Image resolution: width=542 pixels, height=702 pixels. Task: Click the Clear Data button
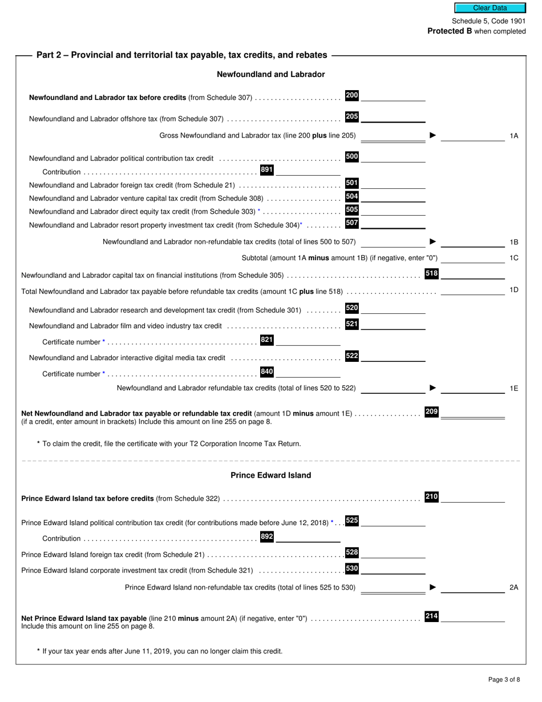(x=490, y=8)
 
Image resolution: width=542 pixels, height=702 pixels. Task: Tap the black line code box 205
(x=352, y=117)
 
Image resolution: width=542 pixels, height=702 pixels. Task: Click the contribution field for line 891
(x=308, y=170)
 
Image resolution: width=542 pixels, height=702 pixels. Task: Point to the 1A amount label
(x=513, y=136)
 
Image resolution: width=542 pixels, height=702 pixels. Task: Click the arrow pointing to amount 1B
(x=433, y=242)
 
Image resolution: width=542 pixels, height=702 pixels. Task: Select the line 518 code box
(x=432, y=274)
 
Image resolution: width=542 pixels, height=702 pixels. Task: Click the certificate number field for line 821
(x=308, y=341)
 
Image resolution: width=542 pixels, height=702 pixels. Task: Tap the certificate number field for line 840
(x=308, y=373)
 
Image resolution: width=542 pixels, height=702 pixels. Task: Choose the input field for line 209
(x=472, y=413)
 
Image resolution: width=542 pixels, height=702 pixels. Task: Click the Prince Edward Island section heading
(x=271, y=475)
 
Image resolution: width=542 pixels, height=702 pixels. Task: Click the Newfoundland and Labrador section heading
(x=271, y=74)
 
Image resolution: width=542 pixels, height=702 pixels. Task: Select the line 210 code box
(x=432, y=497)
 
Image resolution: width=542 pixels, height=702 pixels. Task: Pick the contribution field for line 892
(x=308, y=537)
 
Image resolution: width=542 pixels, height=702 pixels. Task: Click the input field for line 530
(x=393, y=569)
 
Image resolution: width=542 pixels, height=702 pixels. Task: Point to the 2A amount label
(x=513, y=587)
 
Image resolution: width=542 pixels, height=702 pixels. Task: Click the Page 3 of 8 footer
(x=504, y=679)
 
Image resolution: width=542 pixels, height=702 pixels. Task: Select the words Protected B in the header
(x=450, y=31)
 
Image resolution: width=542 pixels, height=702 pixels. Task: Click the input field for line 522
(x=393, y=357)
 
